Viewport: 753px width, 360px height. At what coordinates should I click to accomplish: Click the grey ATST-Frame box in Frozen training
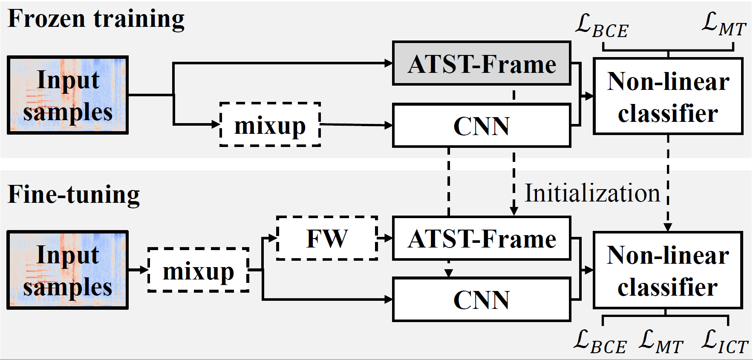[x=481, y=63]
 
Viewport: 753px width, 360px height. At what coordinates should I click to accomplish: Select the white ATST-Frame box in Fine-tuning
[x=481, y=238]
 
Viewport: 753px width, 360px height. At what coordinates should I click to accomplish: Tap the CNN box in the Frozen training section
[x=481, y=126]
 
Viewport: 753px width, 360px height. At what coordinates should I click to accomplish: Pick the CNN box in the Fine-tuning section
[x=481, y=300]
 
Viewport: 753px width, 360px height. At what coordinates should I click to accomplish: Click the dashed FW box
[x=327, y=238]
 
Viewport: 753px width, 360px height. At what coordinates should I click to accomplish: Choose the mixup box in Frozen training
[x=270, y=125]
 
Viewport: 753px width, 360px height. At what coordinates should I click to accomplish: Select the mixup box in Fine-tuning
[x=198, y=270]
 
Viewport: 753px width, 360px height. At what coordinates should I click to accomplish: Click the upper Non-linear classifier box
[x=668, y=97]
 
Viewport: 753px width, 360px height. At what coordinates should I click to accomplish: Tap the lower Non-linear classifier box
[x=668, y=271]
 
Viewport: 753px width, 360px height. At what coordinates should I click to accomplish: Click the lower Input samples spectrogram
[x=68, y=270]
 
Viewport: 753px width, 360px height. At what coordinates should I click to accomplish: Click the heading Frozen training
[x=96, y=19]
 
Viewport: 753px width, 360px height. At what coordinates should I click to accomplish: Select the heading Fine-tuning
[x=74, y=195]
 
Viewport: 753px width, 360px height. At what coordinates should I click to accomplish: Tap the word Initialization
[x=592, y=193]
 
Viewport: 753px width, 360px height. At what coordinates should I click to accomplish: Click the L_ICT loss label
[x=724, y=342]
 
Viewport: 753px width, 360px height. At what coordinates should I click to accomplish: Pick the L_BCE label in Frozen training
[x=601, y=26]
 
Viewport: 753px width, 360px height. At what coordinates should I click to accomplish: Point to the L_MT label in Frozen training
[x=723, y=24]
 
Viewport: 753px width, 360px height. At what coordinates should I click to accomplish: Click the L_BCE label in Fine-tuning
[x=600, y=342]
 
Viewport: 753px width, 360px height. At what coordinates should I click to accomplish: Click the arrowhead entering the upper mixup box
[x=216, y=124]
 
